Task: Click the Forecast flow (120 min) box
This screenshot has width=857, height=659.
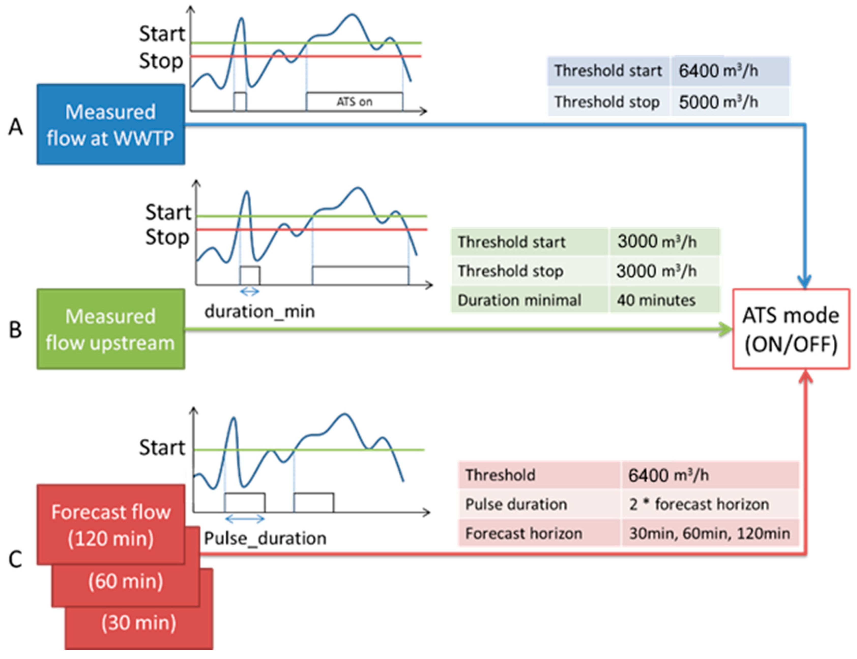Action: (x=111, y=525)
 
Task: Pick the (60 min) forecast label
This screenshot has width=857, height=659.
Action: (x=126, y=581)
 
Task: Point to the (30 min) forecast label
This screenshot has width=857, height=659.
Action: (x=139, y=623)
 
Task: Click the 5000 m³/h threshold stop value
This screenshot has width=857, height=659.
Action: (x=718, y=102)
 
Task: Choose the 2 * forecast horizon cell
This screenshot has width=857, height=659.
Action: (x=699, y=504)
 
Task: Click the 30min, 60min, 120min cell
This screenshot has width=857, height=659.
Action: (x=709, y=533)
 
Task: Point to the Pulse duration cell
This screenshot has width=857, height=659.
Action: (x=516, y=504)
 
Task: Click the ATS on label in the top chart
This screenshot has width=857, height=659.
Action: (x=354, y=102)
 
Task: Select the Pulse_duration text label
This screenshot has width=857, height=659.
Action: (x=265, y=538)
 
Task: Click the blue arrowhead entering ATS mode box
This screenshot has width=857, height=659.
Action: (x=804, y=282)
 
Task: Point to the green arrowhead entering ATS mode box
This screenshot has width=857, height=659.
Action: (x=725, y=329)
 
